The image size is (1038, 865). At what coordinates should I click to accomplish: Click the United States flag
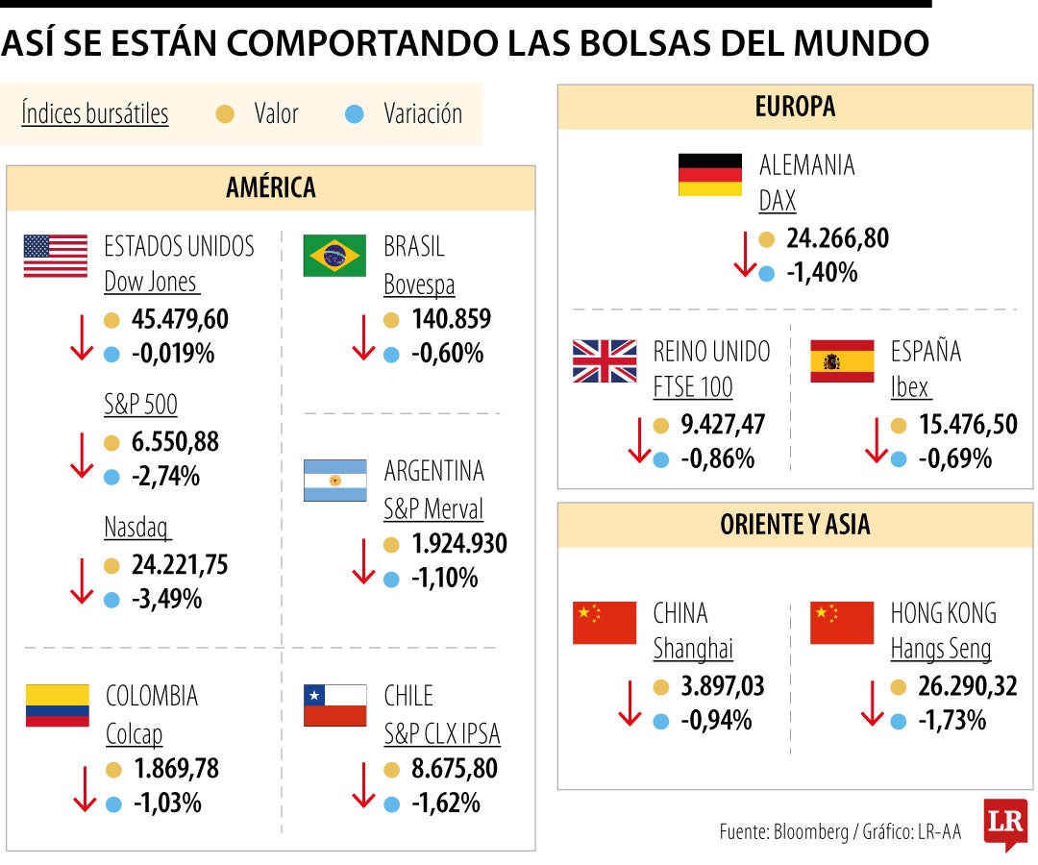coord(55,256)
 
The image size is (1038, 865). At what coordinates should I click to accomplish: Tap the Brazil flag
coord(334,256)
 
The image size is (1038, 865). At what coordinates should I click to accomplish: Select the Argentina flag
coord(334,481)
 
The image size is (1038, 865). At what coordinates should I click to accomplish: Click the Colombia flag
coord(57,705)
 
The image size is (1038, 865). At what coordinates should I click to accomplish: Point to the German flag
coord(709,175)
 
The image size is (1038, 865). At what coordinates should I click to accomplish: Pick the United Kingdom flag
coord(605,361)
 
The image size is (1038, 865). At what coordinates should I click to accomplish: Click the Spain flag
coord(842,361)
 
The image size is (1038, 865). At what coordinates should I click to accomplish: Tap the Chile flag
coord(334,705)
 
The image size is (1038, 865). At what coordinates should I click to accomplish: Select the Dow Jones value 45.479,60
coord(180,319)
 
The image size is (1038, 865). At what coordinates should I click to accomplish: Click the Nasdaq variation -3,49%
coord(166,599)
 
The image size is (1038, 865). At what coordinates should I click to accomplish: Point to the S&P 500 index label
coord(140,405)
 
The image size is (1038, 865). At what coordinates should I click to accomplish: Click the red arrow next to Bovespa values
coord(362,336)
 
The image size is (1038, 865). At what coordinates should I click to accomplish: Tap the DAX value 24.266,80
coord(837,238)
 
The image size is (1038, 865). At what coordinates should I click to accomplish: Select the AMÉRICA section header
coord(271,187)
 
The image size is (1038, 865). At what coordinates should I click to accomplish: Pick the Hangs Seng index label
coord(940,650)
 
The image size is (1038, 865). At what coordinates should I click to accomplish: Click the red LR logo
coord(1005,823)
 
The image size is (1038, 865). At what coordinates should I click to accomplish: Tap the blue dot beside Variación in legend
coord(355,114)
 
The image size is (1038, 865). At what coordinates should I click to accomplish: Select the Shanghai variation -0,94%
coord(716,720)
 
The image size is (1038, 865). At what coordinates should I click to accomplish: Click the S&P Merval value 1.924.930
coord(458,544)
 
